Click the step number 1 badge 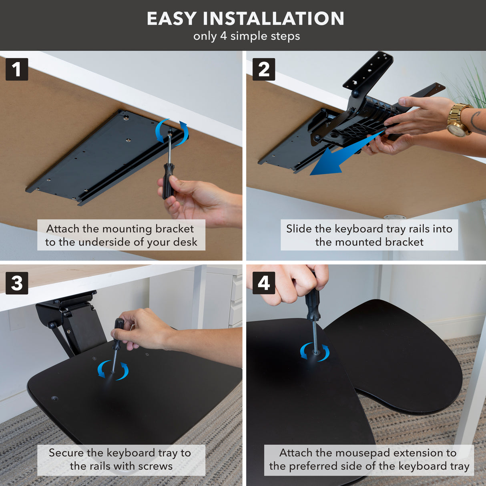(17, 69)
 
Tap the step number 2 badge (263, 69)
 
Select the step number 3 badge (17, 283)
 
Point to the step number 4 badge (263, 283)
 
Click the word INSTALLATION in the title (273, 18)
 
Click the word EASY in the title (172, 18)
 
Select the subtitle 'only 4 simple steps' (247, 36)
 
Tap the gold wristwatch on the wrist (458, 120)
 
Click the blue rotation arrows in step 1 (172, 131)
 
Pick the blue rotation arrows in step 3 (113, 370)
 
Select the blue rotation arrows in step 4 (315, 352)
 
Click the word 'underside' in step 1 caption (103, 242)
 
